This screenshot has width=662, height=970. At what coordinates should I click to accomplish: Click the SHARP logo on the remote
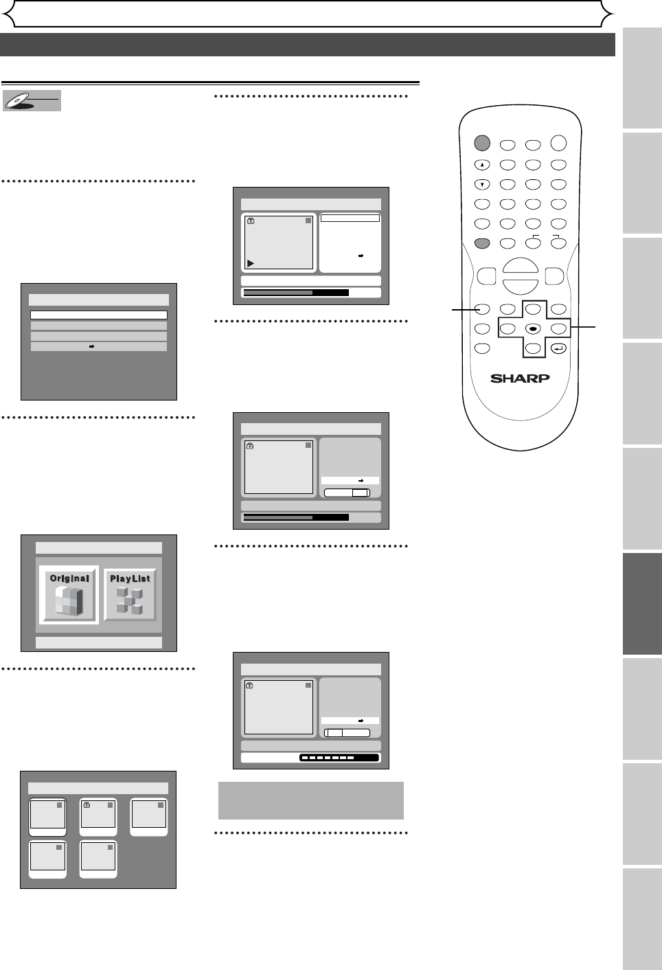520,378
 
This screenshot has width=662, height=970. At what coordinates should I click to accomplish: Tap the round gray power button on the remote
482,143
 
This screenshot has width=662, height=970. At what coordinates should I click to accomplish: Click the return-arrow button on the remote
558,348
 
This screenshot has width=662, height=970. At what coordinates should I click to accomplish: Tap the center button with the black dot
533,329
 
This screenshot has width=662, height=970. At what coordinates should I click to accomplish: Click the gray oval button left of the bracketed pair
482,243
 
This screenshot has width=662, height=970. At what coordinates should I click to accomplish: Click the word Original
69,578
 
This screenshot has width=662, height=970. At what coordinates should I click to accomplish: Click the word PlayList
130,578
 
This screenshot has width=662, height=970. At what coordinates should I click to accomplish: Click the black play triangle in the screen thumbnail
251,263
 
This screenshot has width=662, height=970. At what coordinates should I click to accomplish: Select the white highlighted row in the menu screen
99,315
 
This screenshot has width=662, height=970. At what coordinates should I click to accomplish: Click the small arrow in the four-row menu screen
92,347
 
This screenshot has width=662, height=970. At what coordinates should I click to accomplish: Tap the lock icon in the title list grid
87,805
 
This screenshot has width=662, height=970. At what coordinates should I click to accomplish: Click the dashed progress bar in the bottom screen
339,758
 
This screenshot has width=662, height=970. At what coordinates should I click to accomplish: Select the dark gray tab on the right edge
642,604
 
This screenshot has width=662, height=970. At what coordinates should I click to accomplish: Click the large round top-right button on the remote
558,143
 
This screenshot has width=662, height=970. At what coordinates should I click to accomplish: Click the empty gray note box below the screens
310,800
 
